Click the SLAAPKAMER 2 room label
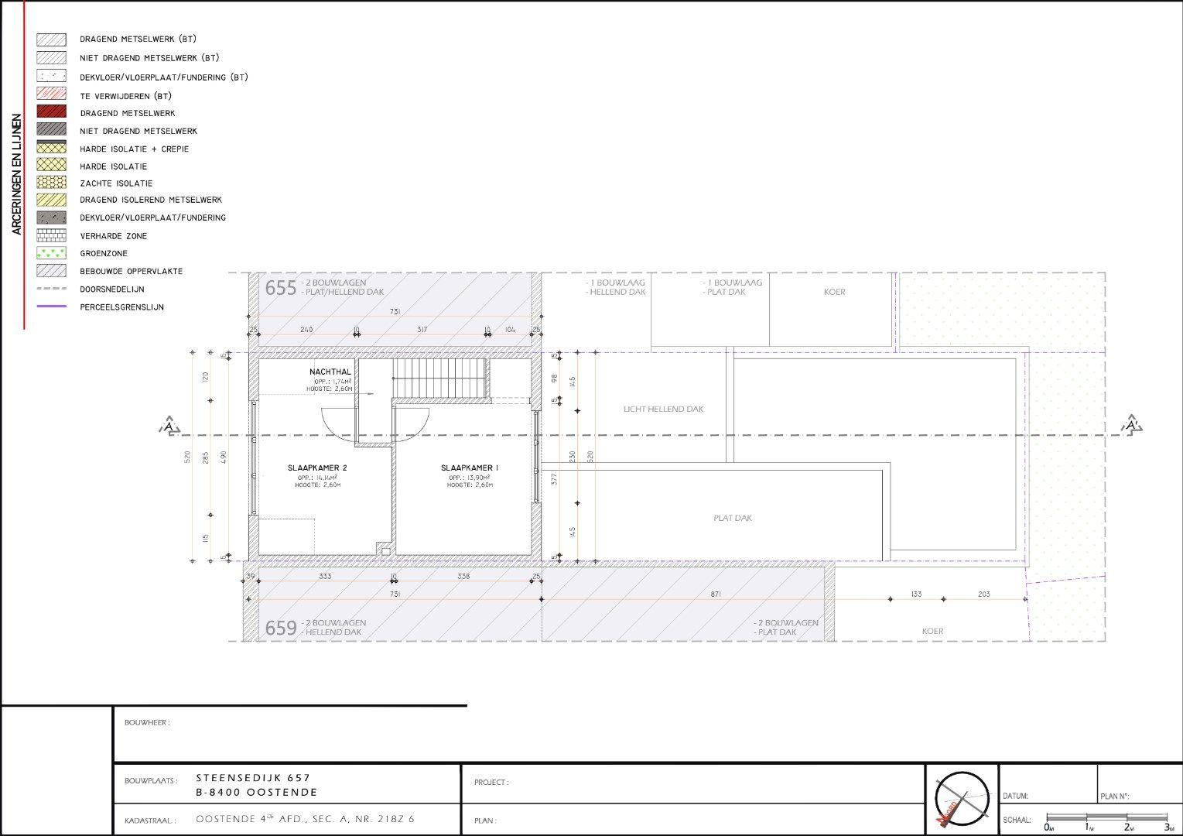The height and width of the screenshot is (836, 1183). (x=317, y=468)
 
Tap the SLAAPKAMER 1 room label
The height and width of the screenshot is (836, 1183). (x=470, y=468)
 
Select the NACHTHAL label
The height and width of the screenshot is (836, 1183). (x=330, y=372)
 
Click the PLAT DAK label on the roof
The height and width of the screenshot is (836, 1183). (x=733, y=519)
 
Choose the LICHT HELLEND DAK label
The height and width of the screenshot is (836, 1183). (x=664, y=409)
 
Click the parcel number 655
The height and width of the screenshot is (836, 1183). (x=280, y=288)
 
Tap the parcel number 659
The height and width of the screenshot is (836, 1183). (x=280, y=628)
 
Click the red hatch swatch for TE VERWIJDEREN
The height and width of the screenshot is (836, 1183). (x=52, y=95)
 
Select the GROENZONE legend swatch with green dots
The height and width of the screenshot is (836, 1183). (x=52, y=253)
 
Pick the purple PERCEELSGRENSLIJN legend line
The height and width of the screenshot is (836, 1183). (x=52, y=307)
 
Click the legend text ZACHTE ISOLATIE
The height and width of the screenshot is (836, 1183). (x=116, y=183)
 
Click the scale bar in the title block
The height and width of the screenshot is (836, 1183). (x=1106, y=817)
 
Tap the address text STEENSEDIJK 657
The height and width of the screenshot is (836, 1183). (x=253, y=778)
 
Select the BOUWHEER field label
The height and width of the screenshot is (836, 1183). (x=147, y=723)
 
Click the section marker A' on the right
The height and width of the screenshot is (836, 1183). (x=1131, y=425)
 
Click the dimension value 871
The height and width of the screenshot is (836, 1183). (x=716, y=594)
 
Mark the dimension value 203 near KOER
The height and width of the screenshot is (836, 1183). (x=983, y=594)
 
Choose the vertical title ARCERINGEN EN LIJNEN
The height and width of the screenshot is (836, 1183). (x=16, y=174)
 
